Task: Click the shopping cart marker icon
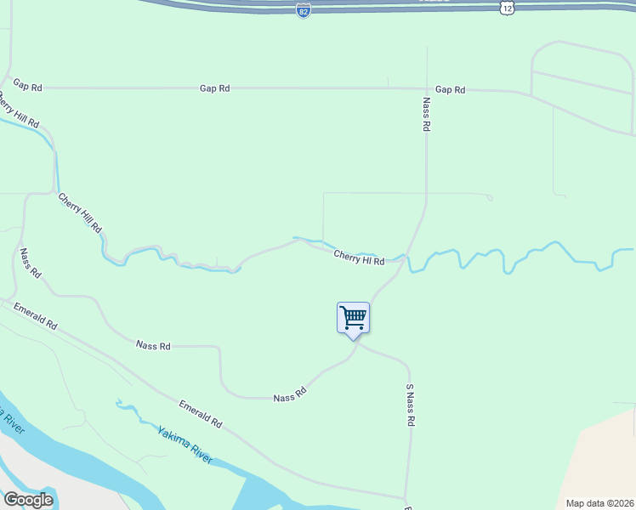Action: [x=353, y=319]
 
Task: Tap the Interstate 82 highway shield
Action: [x=304, y=10]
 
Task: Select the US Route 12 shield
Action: [x=507, y=7]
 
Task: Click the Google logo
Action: [x=28, y=500]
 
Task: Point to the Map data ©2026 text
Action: [x=599, y=502]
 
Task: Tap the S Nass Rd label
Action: [x=410, y=405]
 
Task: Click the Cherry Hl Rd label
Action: [x=359, y=257]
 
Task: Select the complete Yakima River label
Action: [x=185, y=444]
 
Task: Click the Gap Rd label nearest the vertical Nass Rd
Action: [x=450, y=89]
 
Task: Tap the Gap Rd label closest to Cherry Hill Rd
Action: [x=27, y=87]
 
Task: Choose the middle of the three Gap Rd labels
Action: [x=214, y=88]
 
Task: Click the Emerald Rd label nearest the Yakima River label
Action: [x=201, y=413]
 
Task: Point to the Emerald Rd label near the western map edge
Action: [x=35, y=319]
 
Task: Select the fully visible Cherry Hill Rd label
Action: [x=80, y=213]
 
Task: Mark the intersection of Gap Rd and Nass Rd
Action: [x=427, y=88]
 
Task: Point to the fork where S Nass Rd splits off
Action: [x=356, y=343]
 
